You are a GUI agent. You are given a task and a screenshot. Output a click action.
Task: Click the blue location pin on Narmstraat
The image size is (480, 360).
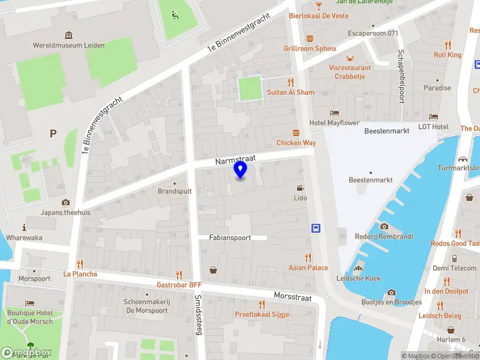(x=240, y=169)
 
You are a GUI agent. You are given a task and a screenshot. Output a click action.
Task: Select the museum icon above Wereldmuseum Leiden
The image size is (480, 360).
(x=69, y=34)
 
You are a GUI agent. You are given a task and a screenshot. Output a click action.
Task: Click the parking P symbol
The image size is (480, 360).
(x=53, y=133)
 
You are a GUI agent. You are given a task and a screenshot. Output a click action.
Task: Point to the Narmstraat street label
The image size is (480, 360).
(x=236, y=159)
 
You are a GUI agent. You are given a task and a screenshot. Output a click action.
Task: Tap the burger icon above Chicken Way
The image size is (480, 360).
(x=296, y=133)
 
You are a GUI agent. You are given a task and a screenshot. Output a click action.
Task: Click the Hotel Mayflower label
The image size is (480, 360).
(x=334, y=122)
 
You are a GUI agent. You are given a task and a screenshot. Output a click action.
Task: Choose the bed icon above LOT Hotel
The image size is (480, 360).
(x=433, y=116)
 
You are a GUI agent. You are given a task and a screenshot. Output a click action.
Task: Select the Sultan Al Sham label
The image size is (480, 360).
(x=290, y=92)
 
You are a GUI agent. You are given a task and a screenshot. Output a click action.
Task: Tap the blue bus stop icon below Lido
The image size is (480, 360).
(x=315, y=228)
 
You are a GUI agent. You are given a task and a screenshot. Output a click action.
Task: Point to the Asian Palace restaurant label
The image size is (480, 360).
(x=308, y=268)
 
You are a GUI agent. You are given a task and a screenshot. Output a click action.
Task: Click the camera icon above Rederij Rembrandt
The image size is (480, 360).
(x=384, y=226)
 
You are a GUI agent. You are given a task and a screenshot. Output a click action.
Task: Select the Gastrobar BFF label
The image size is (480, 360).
(x=179, y=284)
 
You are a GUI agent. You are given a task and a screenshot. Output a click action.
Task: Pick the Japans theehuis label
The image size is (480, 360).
(x=65, y=212)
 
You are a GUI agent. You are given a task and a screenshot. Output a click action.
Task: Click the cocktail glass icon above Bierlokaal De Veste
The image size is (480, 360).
(x=319, y=5)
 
